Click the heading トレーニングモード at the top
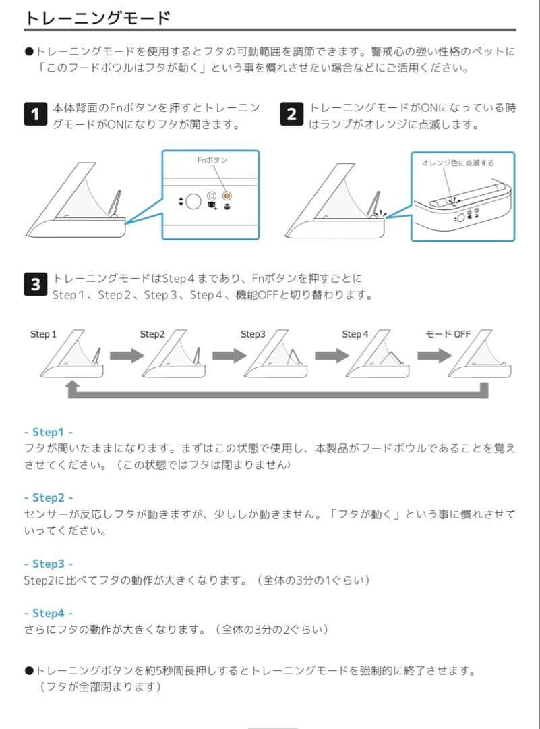point(97,18)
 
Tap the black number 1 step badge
point(35,114)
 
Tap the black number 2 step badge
point(291,114)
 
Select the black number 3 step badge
point(35,284)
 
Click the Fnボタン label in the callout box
point(212,160)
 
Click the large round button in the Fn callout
point(193,200)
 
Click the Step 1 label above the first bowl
point(43,334)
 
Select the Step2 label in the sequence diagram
point(152,334)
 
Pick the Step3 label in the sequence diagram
point(253,334)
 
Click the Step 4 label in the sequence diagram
point(355,334)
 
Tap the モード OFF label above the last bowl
point(448,334)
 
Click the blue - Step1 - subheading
point(48,432)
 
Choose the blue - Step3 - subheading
point(48,563)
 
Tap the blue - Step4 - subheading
point(48,613)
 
